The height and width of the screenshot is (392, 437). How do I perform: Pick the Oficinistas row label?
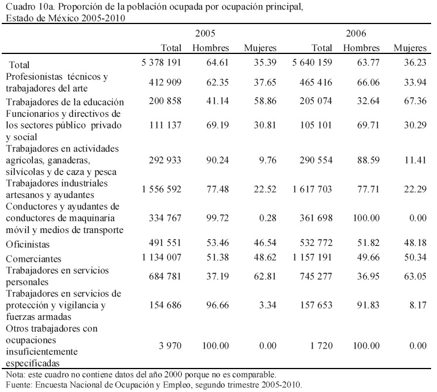tap(29, 243)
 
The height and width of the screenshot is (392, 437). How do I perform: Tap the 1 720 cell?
tap(322, 346)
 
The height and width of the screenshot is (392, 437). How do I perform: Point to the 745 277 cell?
tap(314, 277)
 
